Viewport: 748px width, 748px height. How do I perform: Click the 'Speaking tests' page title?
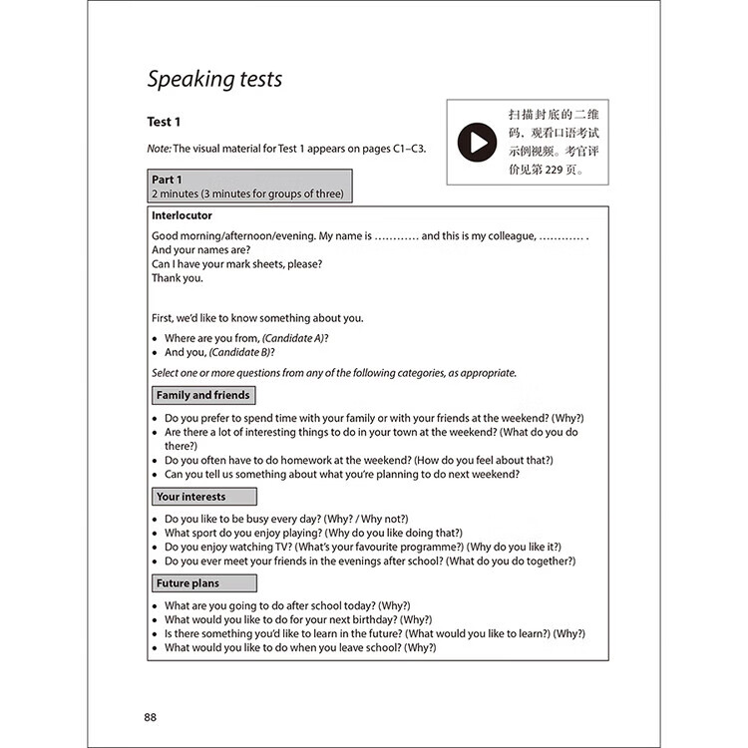214,79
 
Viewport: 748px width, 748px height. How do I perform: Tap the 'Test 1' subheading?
164,122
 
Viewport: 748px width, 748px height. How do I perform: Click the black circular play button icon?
477,143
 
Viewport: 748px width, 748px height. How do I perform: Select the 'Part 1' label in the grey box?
167,180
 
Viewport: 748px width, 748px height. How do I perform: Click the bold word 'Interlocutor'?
182,215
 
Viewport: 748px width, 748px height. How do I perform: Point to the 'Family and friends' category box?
203,396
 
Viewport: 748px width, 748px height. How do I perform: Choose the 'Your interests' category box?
191,497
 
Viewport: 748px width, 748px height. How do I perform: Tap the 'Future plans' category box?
188,583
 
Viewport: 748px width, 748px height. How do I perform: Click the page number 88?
151,717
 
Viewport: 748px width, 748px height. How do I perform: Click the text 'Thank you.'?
178,278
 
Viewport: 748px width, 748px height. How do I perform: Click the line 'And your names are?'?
200,250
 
